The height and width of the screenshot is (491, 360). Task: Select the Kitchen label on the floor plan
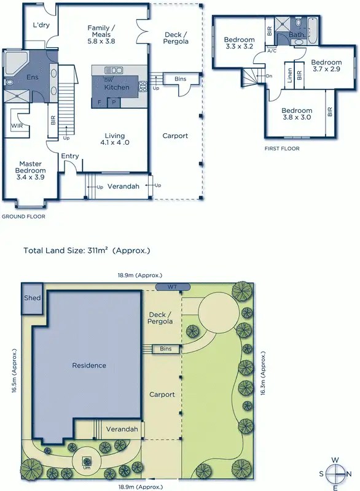click(x=116, y=88)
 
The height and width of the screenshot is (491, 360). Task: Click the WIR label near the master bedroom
click(x=17, y=126)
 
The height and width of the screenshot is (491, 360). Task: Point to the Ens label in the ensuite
click(x=32, y=78)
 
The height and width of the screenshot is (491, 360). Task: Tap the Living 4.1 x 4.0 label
click(x=115, y=139)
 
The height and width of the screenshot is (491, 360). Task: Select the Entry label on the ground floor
click(x=69, y=156)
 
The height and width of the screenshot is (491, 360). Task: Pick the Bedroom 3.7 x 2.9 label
click(x=326, y=66)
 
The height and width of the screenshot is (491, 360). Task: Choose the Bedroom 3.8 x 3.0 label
click(x=296, y=114)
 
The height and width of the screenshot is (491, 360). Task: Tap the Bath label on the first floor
click(x=296, y=35)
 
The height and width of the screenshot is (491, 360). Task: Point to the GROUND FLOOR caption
click(x=23, y=217)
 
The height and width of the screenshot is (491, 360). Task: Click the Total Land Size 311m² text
click(x=87, y=250)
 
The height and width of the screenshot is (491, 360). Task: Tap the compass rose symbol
click(x=335, y=473)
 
